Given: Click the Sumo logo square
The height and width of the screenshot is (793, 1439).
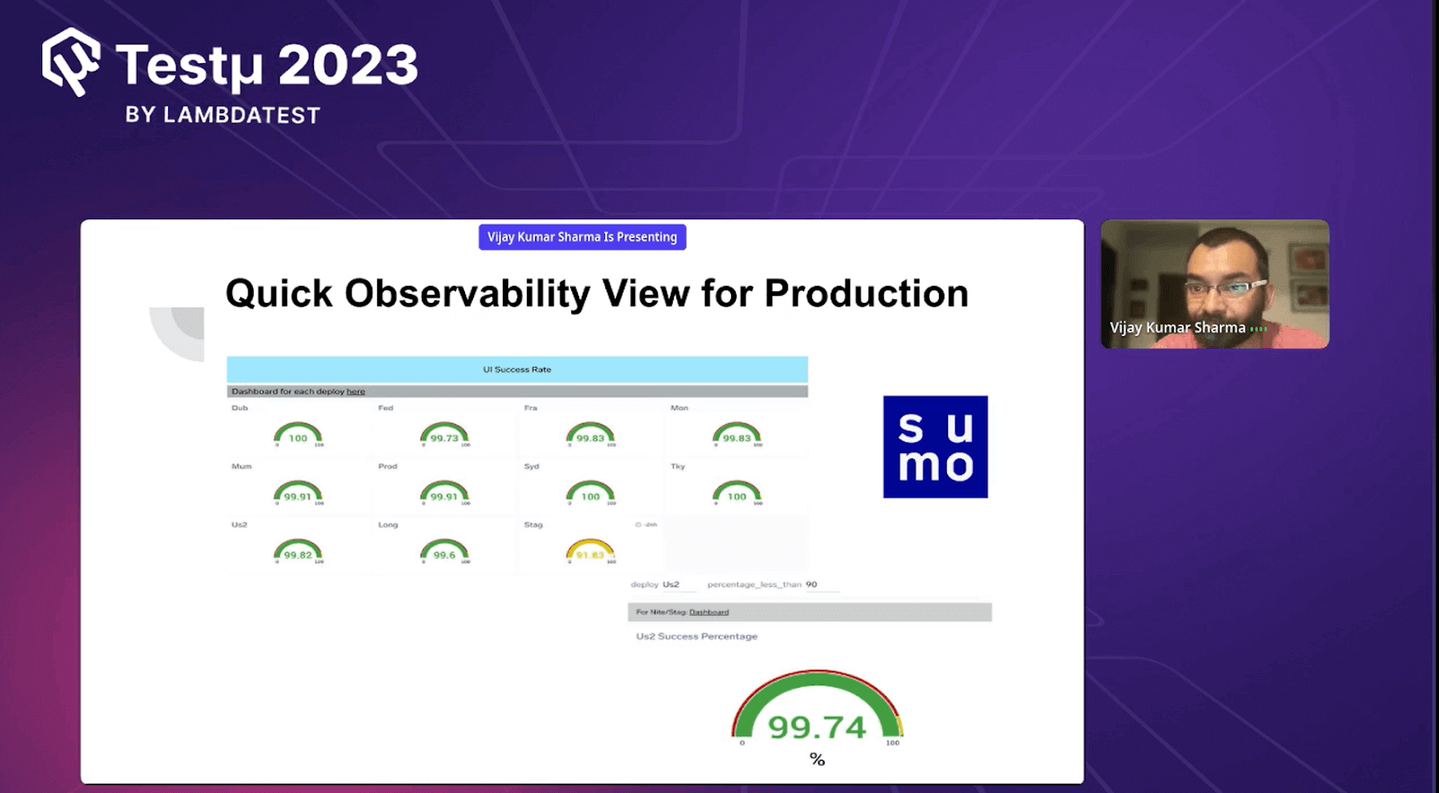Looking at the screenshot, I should click(935, 447).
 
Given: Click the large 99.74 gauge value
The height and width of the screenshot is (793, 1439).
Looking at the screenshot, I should click(817, 726).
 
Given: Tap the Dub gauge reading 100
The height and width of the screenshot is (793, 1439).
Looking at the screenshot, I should click(298, 436).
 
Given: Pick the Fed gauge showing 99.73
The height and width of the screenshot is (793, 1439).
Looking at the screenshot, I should click(444, 436).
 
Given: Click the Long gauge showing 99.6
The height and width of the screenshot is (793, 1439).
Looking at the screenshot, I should click(444, 552).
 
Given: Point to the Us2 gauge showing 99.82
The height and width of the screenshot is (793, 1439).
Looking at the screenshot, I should click(298, 552).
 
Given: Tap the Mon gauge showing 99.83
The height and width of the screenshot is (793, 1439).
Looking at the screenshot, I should click(737, 436).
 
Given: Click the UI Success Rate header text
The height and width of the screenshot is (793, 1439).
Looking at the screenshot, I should click(517, 370).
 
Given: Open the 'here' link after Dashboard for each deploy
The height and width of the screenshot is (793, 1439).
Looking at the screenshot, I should click(356, 392).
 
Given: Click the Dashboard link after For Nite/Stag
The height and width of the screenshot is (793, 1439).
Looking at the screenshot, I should click(709, 612).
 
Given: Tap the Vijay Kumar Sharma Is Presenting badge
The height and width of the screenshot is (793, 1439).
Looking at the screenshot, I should click(582, 237).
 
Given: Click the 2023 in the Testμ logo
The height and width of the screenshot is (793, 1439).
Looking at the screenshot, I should click(348, 66).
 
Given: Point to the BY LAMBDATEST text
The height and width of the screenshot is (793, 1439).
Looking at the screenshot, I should click(223, 115).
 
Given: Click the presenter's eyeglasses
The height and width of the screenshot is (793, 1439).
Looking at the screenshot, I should click(1225, 288).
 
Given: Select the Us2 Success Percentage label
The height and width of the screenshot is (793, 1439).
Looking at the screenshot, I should click(697, 637).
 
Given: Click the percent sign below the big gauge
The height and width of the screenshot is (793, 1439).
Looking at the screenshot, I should click(817, 760).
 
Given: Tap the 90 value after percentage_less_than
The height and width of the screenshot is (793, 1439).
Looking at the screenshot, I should click(811, 584).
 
